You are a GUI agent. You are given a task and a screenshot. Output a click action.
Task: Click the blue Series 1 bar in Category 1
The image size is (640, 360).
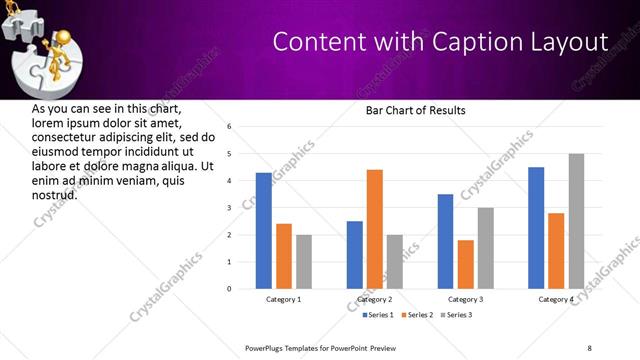[264, 231]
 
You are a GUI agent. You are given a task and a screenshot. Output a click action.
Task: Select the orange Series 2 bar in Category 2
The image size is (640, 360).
[375, 229]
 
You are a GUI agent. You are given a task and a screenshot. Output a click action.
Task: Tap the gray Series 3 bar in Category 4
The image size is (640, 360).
[576, 221]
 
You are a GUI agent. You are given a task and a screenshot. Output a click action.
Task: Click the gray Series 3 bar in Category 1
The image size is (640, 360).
[304, 262]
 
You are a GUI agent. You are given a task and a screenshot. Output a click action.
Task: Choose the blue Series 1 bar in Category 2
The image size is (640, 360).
[355, 255]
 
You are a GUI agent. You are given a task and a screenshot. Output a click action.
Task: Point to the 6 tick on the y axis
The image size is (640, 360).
[229, 127]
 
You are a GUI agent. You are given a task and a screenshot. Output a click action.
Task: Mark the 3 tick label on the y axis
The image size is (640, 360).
[229, 208]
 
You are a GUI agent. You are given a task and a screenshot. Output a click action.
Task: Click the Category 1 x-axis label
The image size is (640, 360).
[284, 299]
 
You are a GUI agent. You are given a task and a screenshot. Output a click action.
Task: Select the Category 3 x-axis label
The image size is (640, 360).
[466, 299]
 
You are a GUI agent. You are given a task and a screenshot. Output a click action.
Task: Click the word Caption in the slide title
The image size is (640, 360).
[465, 43]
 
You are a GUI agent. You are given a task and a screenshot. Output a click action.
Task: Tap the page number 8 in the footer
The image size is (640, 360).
[589, 347]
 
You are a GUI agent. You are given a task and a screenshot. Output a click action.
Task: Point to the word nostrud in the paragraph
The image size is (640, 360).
[54, 195]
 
